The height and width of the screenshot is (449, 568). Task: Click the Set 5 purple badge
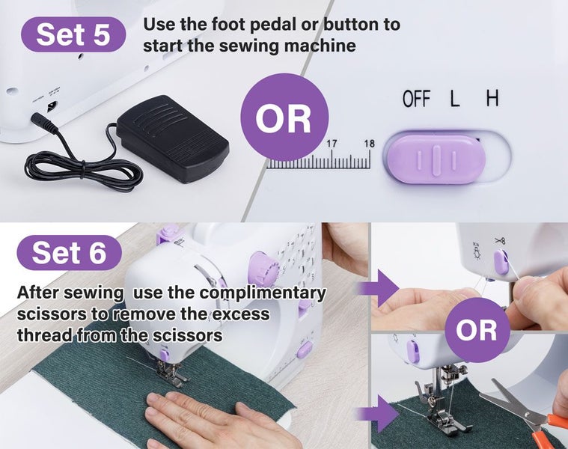pyautogui.click(x=73, y=34)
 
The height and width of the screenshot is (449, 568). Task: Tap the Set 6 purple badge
pyautogui.click(x=69, y=252)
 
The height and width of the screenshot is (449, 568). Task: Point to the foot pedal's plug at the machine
pyautogui.click(x=44, y=123)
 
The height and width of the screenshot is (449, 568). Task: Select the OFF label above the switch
pyautogui.click(x=417, y=99)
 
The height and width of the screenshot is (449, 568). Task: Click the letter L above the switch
pyautogui.click(x=454, y=99)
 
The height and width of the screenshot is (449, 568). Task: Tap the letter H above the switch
pyautogui.click(x=492, y=98)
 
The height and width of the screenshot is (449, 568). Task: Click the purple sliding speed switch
pyautogui.click(x=436, y=158)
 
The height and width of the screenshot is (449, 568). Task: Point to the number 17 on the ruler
pyautogui.click(x=332, y=144)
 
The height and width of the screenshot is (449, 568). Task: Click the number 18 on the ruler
pyautogui.click(x=369, y=144)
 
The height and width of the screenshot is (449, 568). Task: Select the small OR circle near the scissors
pyautogui.click(x=477, y=330)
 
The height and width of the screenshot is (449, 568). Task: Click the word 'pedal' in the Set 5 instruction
pyautogui.click(x=272, y=25)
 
